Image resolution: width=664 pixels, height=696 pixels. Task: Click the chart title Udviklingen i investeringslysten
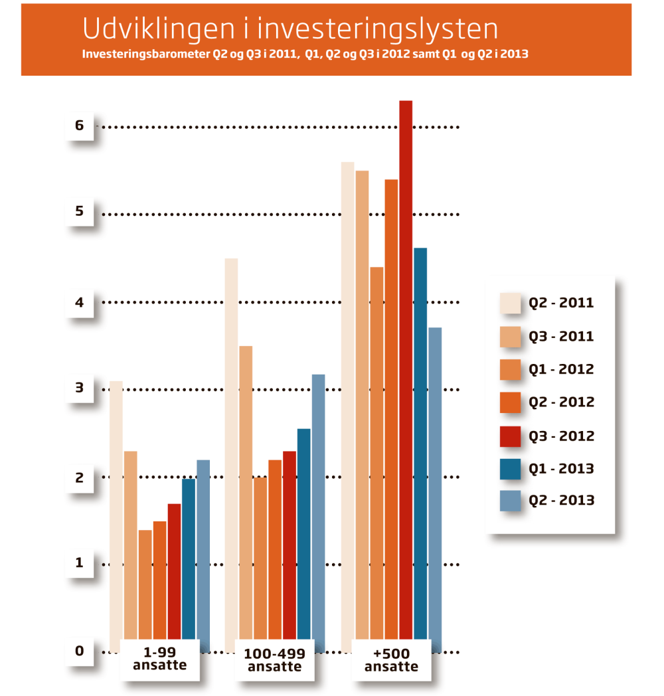[x=290, y=29]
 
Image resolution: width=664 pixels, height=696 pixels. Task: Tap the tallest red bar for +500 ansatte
[x=406, y=372]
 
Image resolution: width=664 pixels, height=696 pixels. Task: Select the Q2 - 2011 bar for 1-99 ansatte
[x=116, y=511]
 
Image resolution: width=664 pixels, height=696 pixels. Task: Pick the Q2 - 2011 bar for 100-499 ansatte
[x=231, y=452]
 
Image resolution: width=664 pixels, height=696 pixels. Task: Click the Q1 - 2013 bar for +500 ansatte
[x=420, y=445]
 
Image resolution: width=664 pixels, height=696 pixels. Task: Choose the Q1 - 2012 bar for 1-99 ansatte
[x=145, y=584]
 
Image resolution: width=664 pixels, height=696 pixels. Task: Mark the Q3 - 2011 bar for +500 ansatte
[x=362, y=405]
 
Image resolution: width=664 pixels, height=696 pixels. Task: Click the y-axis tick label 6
[x=80, y=125]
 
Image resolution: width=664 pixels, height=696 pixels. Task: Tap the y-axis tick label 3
[x=80, y=388]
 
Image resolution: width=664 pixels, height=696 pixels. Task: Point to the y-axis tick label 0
[x=80, y=651]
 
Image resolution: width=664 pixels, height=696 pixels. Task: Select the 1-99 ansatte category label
[x=159, y=659]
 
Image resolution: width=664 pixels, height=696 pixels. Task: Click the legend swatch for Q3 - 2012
[x=510, y=436]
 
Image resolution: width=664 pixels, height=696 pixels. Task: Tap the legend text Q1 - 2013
[x=561, y=469]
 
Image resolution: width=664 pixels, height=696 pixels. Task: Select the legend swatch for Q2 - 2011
[x=510, y=303]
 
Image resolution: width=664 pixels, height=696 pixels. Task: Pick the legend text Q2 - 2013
[x=561, y=501]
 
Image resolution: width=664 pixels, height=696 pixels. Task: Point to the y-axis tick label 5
[x=80, y=212]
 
